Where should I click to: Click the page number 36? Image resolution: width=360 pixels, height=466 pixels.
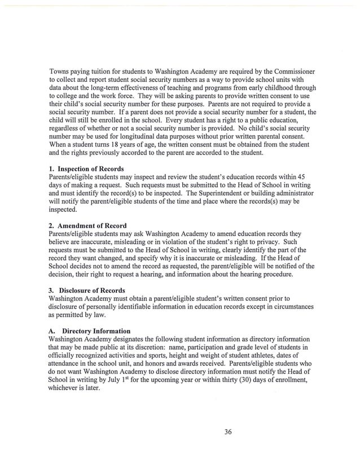(228, 432)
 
